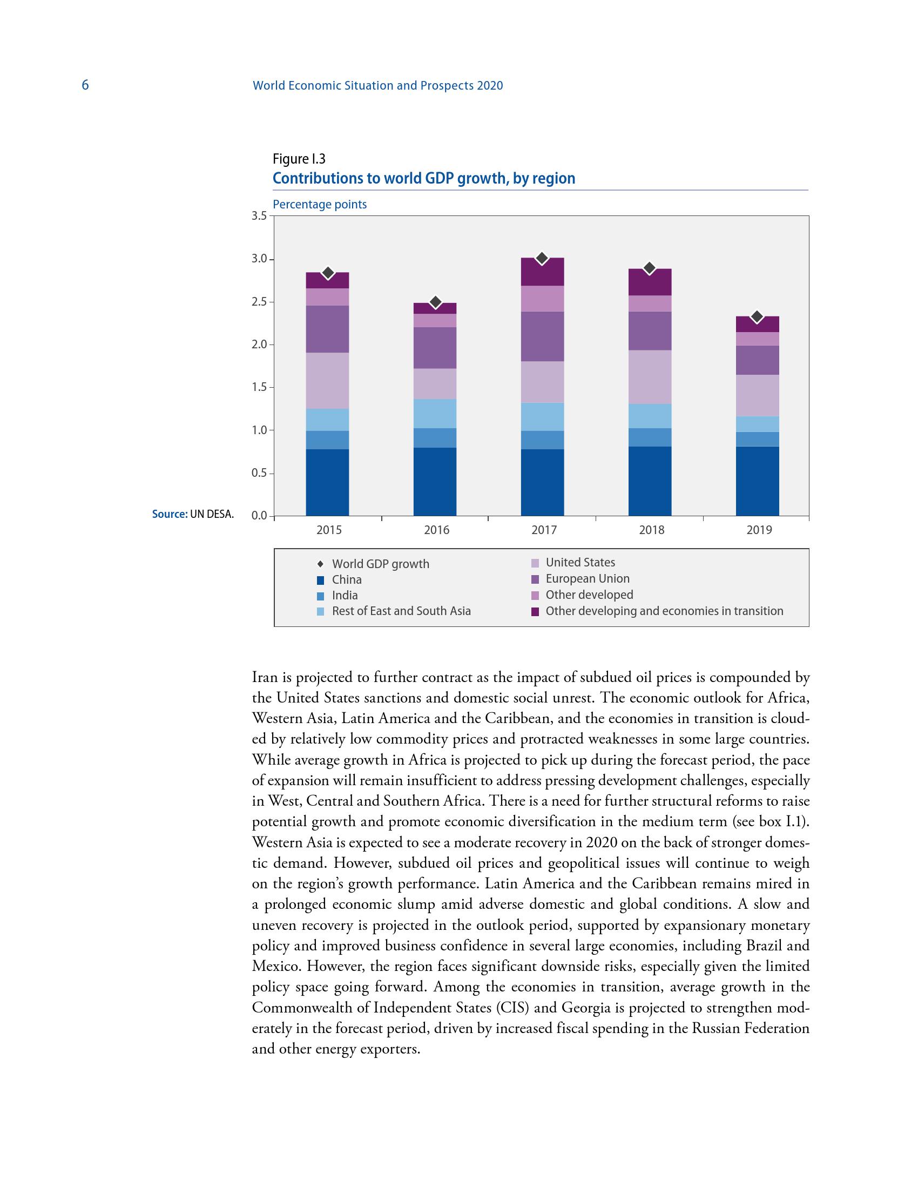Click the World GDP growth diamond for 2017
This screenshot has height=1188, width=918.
(542, 258)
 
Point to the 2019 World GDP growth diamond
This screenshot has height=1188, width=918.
(757, 316)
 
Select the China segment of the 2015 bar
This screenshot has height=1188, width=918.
(327, 482)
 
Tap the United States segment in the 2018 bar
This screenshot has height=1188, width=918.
(649, 377)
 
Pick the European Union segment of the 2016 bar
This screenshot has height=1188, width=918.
(435, 348)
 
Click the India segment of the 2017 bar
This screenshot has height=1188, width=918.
(542, 440)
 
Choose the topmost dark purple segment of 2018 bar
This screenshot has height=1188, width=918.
(649, 282)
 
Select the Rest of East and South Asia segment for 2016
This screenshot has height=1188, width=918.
(435, 414)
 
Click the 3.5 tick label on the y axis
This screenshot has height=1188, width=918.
(259, 216)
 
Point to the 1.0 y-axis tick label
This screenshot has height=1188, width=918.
(259, 430)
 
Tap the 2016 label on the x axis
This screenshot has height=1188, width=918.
(436, 530)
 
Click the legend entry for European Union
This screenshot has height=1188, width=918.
(588, 579)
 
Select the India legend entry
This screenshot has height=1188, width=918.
(345, 595)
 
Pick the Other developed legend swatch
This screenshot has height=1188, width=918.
(535, 595)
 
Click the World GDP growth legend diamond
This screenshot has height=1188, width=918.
(320, 564)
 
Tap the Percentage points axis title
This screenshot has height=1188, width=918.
(320, 205)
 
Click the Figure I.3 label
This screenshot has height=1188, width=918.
(299, 159)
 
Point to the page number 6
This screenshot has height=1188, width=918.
(85, 85)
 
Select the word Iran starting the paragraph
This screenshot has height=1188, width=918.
(265, 678)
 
